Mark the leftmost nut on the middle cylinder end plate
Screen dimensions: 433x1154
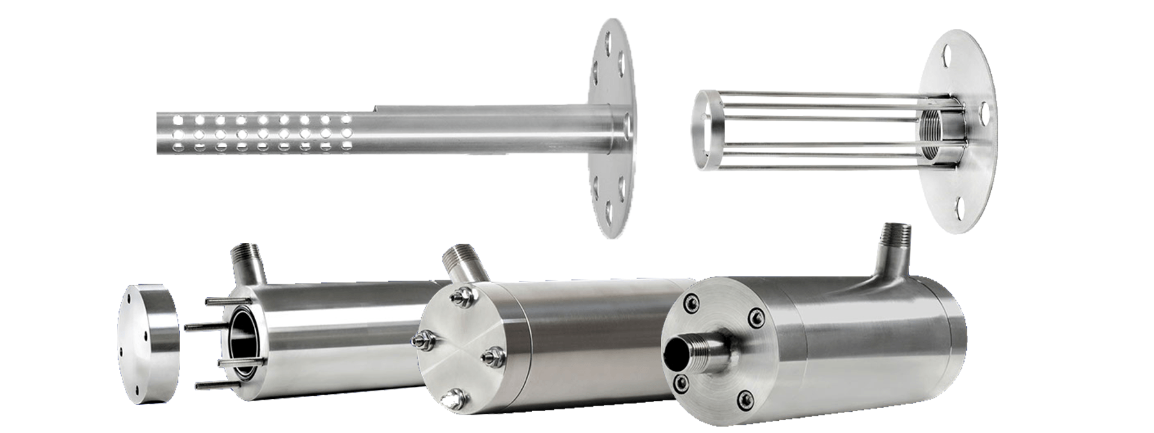pyautogui.click(x=423, y=341)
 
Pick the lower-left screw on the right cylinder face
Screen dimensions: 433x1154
pyautogui.click(x=679, y=384)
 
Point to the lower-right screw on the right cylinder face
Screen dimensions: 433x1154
pyautogui.click(x=744, y=400)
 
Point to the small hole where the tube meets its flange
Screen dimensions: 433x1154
pyautogui.click(x=626, y=122)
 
